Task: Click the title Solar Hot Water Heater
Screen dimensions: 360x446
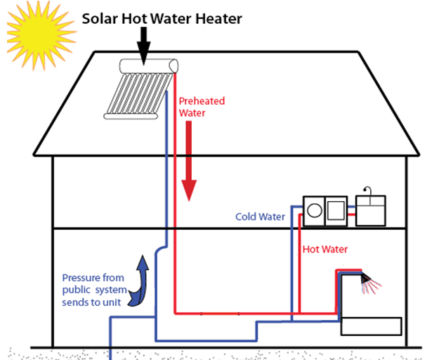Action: pos(162,18)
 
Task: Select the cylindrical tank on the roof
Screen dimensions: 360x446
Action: pos(147,67)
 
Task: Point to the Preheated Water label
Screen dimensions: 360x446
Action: pos(202,107)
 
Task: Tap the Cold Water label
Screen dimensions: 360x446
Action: pos(260,217)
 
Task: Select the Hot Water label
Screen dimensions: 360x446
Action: pos(324,250)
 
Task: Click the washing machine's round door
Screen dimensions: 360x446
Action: pos(315,210)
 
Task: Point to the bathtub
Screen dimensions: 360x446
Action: pos(371,326)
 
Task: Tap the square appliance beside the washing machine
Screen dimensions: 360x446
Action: pos(336,210)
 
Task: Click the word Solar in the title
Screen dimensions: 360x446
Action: pos(99,18)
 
